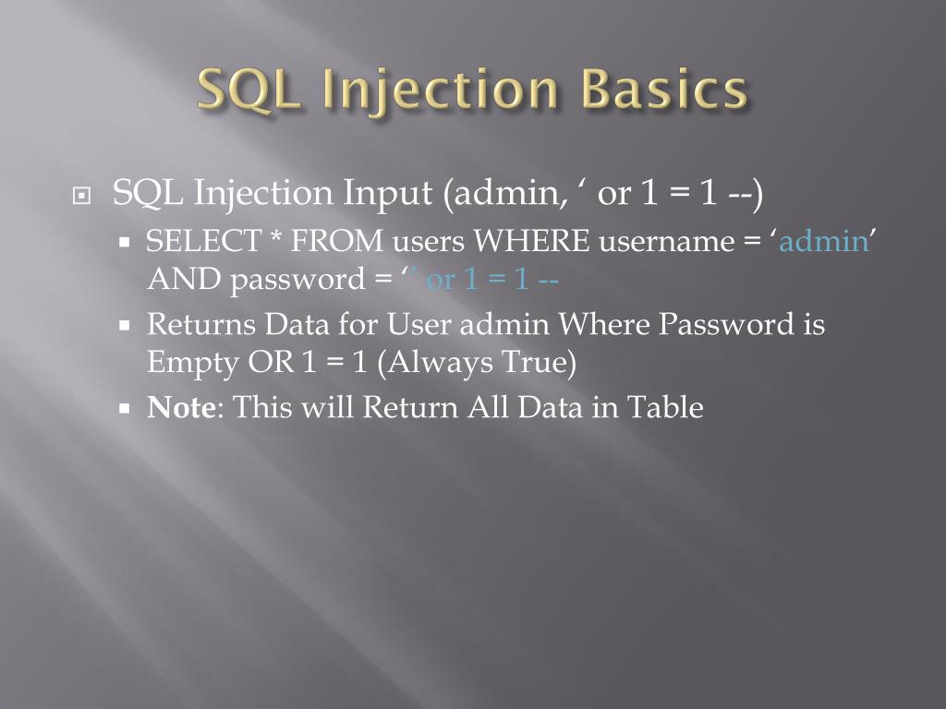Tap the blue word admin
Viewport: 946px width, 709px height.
tap(823, 242)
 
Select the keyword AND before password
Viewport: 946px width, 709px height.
tap(185, 279)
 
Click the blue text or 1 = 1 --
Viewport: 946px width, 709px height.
tap(491, 279)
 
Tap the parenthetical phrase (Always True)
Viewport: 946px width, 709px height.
tap(477, 363)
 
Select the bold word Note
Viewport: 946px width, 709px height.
tap(180, 407)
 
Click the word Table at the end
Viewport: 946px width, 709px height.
tap(665, 407)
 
